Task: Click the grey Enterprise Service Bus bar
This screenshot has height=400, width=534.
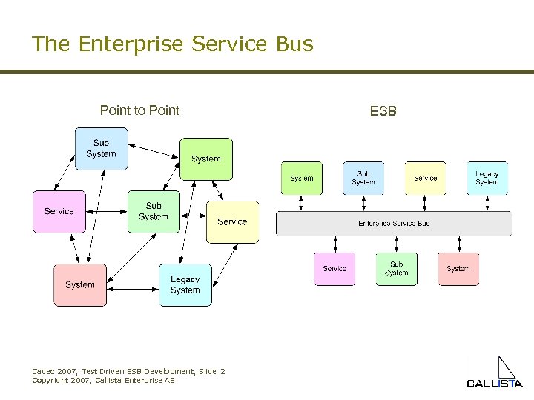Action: (394, 223)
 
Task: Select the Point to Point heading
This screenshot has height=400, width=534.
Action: (139, 110)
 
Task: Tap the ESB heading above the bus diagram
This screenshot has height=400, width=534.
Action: (383, 111)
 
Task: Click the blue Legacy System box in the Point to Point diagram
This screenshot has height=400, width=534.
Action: (185, 285)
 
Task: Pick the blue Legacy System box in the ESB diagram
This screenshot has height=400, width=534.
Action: (487, 179)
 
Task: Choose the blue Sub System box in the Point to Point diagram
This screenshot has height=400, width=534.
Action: (101, 148)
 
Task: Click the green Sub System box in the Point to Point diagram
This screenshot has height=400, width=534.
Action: (154, 212)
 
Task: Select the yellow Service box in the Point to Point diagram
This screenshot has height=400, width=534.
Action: (232, 221)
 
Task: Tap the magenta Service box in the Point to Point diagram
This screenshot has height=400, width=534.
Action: (59, 211)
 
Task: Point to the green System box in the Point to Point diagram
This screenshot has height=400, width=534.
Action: (205, 159)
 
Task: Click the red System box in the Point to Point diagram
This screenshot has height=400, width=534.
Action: (79, 285)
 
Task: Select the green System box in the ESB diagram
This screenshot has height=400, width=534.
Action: (301, 179)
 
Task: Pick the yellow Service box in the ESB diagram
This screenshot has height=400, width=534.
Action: (425, 179)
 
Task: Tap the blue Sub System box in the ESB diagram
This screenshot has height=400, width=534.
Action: (363, 179)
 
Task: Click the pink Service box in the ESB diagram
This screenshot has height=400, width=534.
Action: (334, 269)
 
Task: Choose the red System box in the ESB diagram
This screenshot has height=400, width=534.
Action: (458, 269)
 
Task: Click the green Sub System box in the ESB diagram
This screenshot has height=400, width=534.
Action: (396, 269)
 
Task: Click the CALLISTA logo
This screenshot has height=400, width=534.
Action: (495, 373)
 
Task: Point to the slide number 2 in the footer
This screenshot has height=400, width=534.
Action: (222, 371)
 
